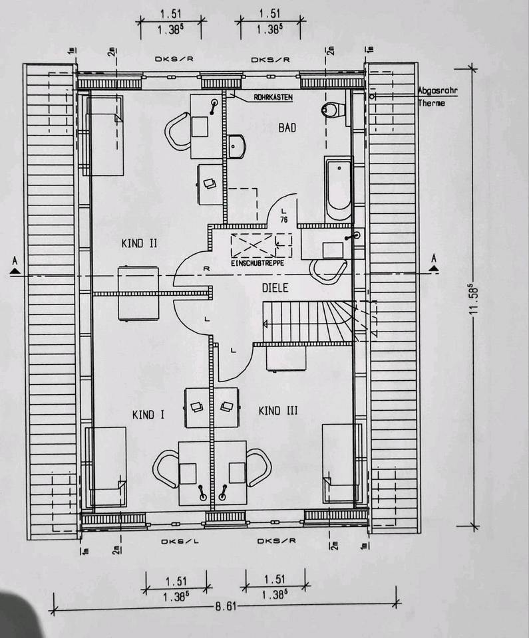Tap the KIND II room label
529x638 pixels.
click(139, 243)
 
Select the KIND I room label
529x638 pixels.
click(148, 415)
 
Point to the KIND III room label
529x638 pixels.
click(277, 411)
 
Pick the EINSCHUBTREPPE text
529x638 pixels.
click(258, 263)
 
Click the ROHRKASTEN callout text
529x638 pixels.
click(273, 98)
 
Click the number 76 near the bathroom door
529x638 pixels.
click(284, 220)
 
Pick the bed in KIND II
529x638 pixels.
click(104, 135)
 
